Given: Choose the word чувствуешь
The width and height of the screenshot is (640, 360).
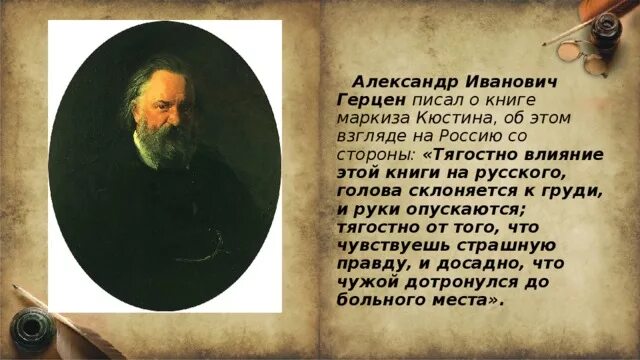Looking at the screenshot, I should click(x=385, y=247).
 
